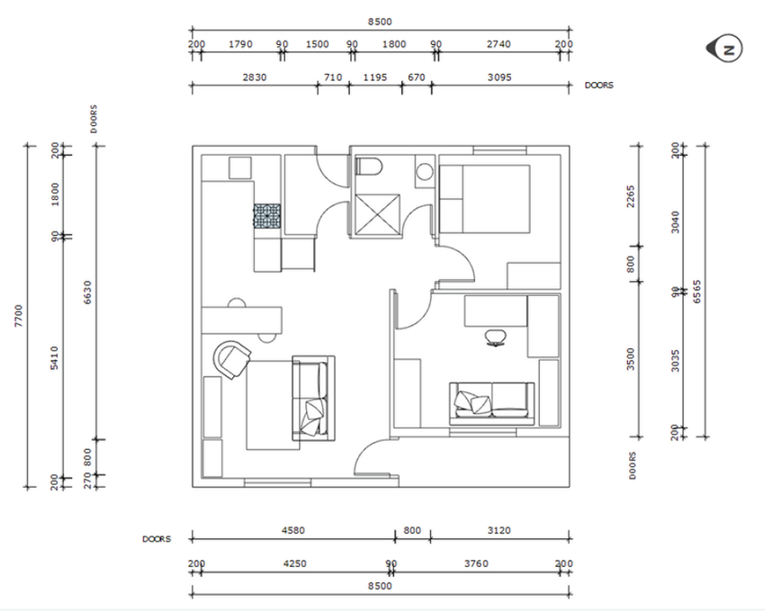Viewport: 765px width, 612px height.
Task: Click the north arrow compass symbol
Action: click(724, 49)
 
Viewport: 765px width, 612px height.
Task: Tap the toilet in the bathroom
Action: click(369, 166)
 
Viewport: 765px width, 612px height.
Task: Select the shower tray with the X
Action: click(378, 216)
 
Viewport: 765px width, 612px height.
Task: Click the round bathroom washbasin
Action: click(425, 171)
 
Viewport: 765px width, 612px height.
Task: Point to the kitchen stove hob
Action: click(267, 216)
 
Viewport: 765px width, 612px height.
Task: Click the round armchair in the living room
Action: click(231, 359)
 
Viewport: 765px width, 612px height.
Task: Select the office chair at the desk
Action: click(496, 337)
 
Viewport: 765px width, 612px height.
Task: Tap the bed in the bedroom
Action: click(485, 199)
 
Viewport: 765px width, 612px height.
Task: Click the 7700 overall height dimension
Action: click(19, 316)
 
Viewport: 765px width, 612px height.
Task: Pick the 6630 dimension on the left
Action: click(88, 292)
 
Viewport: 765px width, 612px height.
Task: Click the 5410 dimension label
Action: click(54, 357)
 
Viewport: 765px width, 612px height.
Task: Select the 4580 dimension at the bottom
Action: click(293, 530)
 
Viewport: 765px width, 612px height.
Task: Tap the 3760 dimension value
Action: click(476, 563)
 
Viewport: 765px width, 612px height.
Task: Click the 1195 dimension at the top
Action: click(375, 77)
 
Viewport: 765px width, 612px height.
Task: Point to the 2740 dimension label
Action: click(499, 44)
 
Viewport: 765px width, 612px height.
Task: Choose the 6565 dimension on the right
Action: click(697, 292)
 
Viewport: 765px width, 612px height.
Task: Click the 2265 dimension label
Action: click(631, 196)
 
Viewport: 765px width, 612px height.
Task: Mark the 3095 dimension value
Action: click(499, 77)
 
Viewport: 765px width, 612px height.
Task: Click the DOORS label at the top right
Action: click(599, 85)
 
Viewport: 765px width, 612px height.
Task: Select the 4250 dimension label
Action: click(294, 563)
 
